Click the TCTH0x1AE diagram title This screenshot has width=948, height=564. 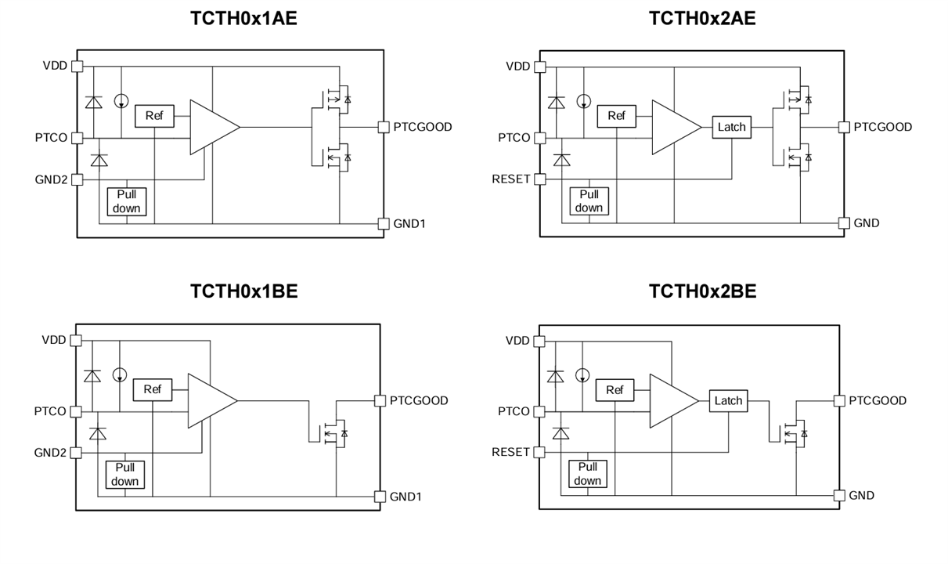243,19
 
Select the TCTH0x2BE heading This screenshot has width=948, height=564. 702,291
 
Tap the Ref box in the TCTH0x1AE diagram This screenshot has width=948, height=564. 154,116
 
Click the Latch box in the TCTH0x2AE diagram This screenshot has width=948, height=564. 731,127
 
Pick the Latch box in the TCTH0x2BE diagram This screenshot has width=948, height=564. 728,400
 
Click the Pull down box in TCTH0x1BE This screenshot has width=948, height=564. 124,474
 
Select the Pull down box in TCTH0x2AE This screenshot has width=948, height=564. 589,201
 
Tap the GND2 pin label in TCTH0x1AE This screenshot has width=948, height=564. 51,179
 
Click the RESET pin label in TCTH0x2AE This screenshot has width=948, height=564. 510,179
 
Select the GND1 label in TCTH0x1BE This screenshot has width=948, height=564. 406,497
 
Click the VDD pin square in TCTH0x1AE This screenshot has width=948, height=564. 77,67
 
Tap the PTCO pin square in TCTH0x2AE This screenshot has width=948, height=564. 539,138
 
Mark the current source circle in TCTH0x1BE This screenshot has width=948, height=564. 120,375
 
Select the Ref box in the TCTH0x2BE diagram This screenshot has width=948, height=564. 615,390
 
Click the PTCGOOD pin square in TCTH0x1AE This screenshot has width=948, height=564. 383,127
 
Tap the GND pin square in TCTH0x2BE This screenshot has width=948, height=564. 839,495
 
